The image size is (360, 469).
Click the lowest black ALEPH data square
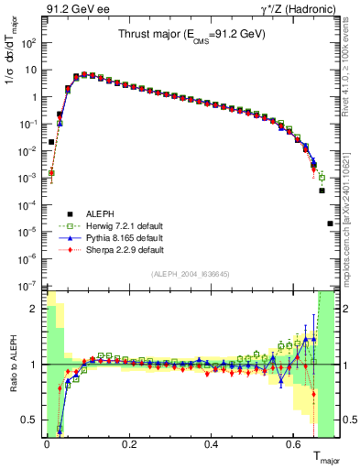(331, 224)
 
